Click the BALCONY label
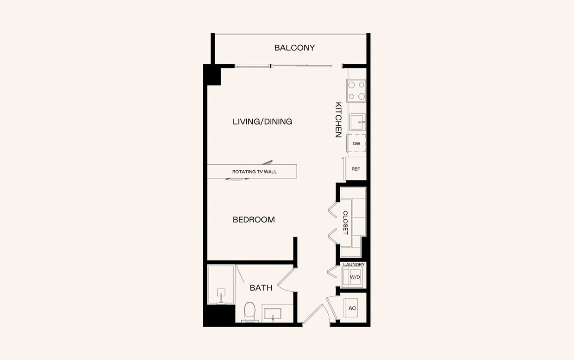[294, 48]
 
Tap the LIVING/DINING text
[262, 122]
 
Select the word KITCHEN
[338, 120]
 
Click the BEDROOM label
[254, 220]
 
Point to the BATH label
[261, 288]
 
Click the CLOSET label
[345, 223]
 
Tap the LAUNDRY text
[354, 265]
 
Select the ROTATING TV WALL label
[252, 172]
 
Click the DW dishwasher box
[356, 143]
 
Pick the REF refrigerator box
[356, 169]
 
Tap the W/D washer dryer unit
[355, 277]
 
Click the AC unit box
[352, 308]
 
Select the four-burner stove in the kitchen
[356, 91]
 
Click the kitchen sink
[357, 122]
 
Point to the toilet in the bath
[250, 311]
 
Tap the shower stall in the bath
[221, 284]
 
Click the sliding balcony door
[283, 66]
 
